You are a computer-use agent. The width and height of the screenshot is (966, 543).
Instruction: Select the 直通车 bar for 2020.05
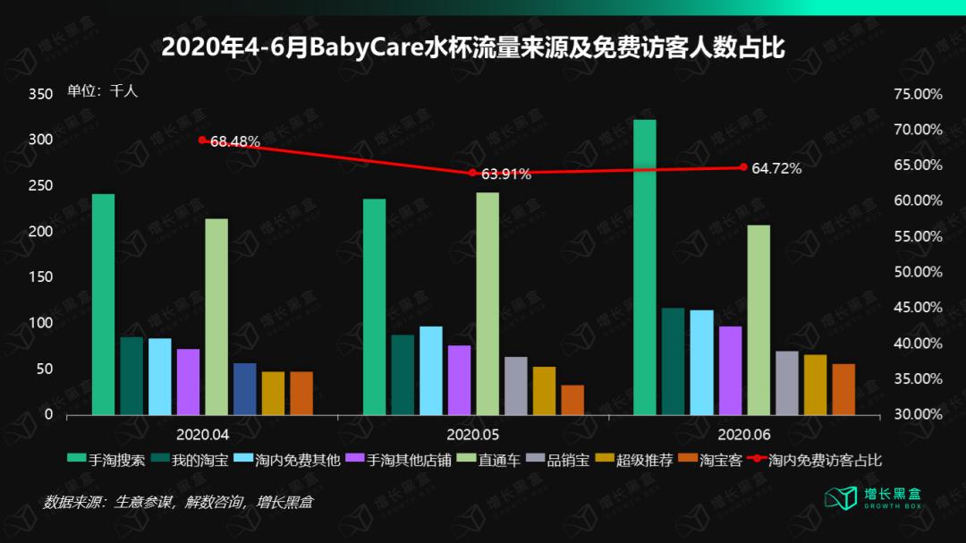487,303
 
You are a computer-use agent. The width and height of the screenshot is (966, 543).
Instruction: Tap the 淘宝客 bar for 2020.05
572,400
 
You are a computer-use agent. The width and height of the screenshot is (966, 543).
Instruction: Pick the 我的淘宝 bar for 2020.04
131,376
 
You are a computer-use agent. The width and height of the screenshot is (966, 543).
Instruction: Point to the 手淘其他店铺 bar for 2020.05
459,380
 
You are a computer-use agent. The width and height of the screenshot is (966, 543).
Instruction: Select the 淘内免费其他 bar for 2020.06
701,362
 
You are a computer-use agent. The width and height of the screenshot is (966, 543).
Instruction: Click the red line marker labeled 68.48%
202,140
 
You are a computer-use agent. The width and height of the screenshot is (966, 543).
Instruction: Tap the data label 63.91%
506,174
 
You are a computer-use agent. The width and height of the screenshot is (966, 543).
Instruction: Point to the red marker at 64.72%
743,167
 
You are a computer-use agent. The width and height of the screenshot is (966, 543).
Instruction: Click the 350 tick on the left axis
40,94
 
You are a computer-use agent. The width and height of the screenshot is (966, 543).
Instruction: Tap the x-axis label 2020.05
473,434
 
